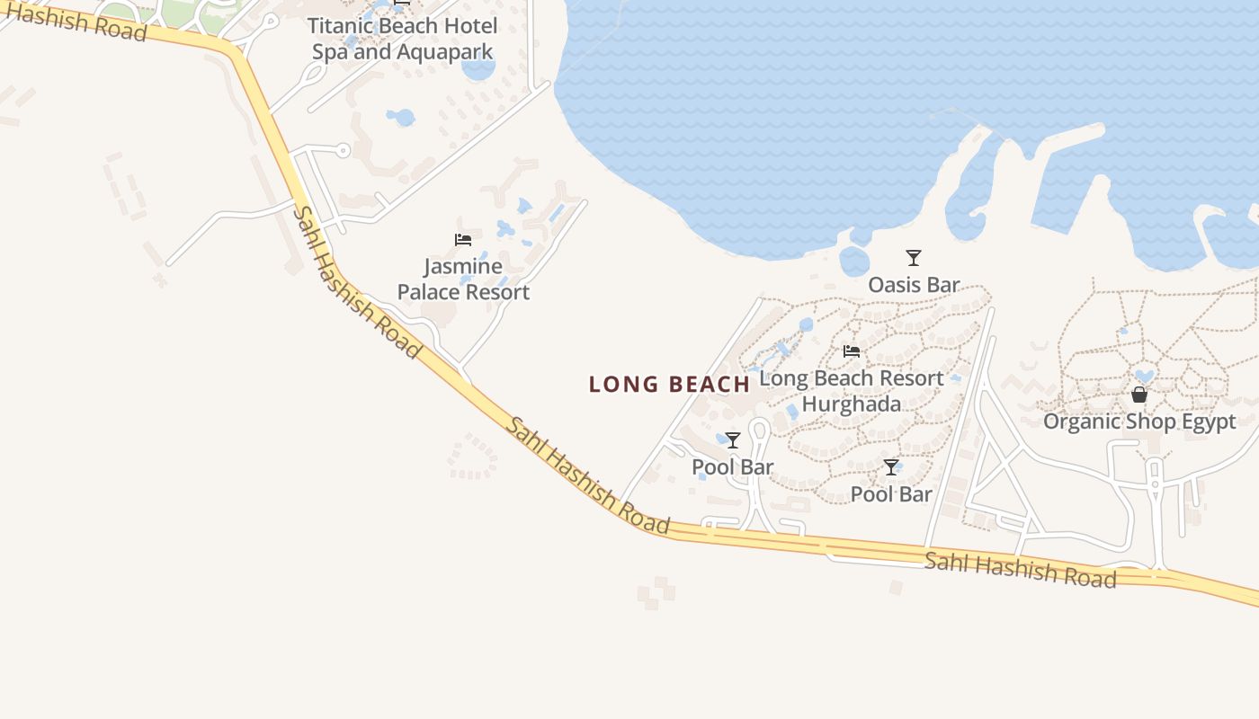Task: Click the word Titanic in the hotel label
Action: pyautogui.click(x=339, y=25)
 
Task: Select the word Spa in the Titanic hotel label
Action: pyautogui.click(x=329, y=51)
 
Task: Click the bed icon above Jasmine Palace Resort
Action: pyautogui.click(x=463, y=240)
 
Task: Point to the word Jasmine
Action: pyautogui.click(x=463, y=266)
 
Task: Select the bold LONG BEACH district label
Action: pyautogui.click(x=669, y=385)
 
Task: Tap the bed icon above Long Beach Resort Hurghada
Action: pyautogui.click(x=852, y=351)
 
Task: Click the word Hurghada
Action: pyautogui.click(x=852, y=404)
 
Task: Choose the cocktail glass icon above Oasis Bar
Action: pyautogui.click(x=914, y=258)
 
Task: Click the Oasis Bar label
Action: pyautogui.click(x=914, y=285)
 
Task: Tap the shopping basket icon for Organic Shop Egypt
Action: pyautogui.click(x=1139, y=395)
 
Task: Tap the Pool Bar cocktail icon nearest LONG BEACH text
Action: pyautogui.click(x=733, y=440)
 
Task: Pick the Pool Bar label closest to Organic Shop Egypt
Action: pyautogui.click(x=891, y=493)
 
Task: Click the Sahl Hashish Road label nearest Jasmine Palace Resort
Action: pyautogui.click(x=357, y=282)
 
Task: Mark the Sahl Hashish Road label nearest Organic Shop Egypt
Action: pyautogui.click(x=1020, y=570)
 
